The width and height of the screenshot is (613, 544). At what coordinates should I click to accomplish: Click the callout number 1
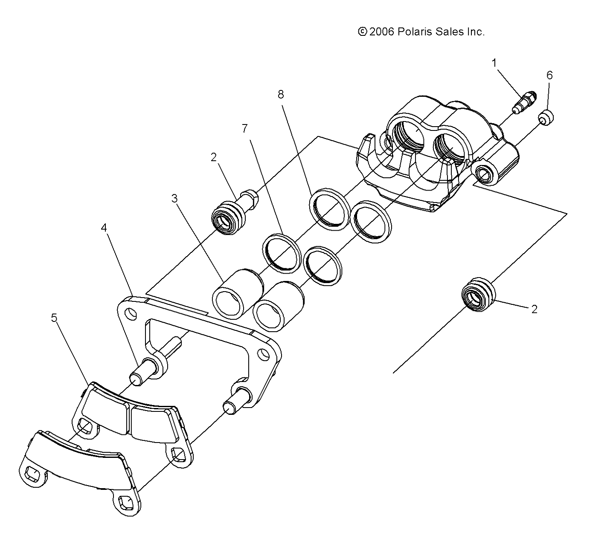pos(494,64)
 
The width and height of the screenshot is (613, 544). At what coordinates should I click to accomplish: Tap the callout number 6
pos(549,75)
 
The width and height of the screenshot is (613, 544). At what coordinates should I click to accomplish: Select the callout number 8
pos(281,94)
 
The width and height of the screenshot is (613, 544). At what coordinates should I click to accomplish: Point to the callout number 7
pos(245,128)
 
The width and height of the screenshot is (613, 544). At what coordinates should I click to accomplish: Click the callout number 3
pos(174,199)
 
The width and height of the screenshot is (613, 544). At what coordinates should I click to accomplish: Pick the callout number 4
pos(104,228)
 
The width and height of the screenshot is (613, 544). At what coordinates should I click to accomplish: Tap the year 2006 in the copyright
pos(383,32)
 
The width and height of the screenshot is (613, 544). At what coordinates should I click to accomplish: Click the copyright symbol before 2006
pos(363,32)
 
